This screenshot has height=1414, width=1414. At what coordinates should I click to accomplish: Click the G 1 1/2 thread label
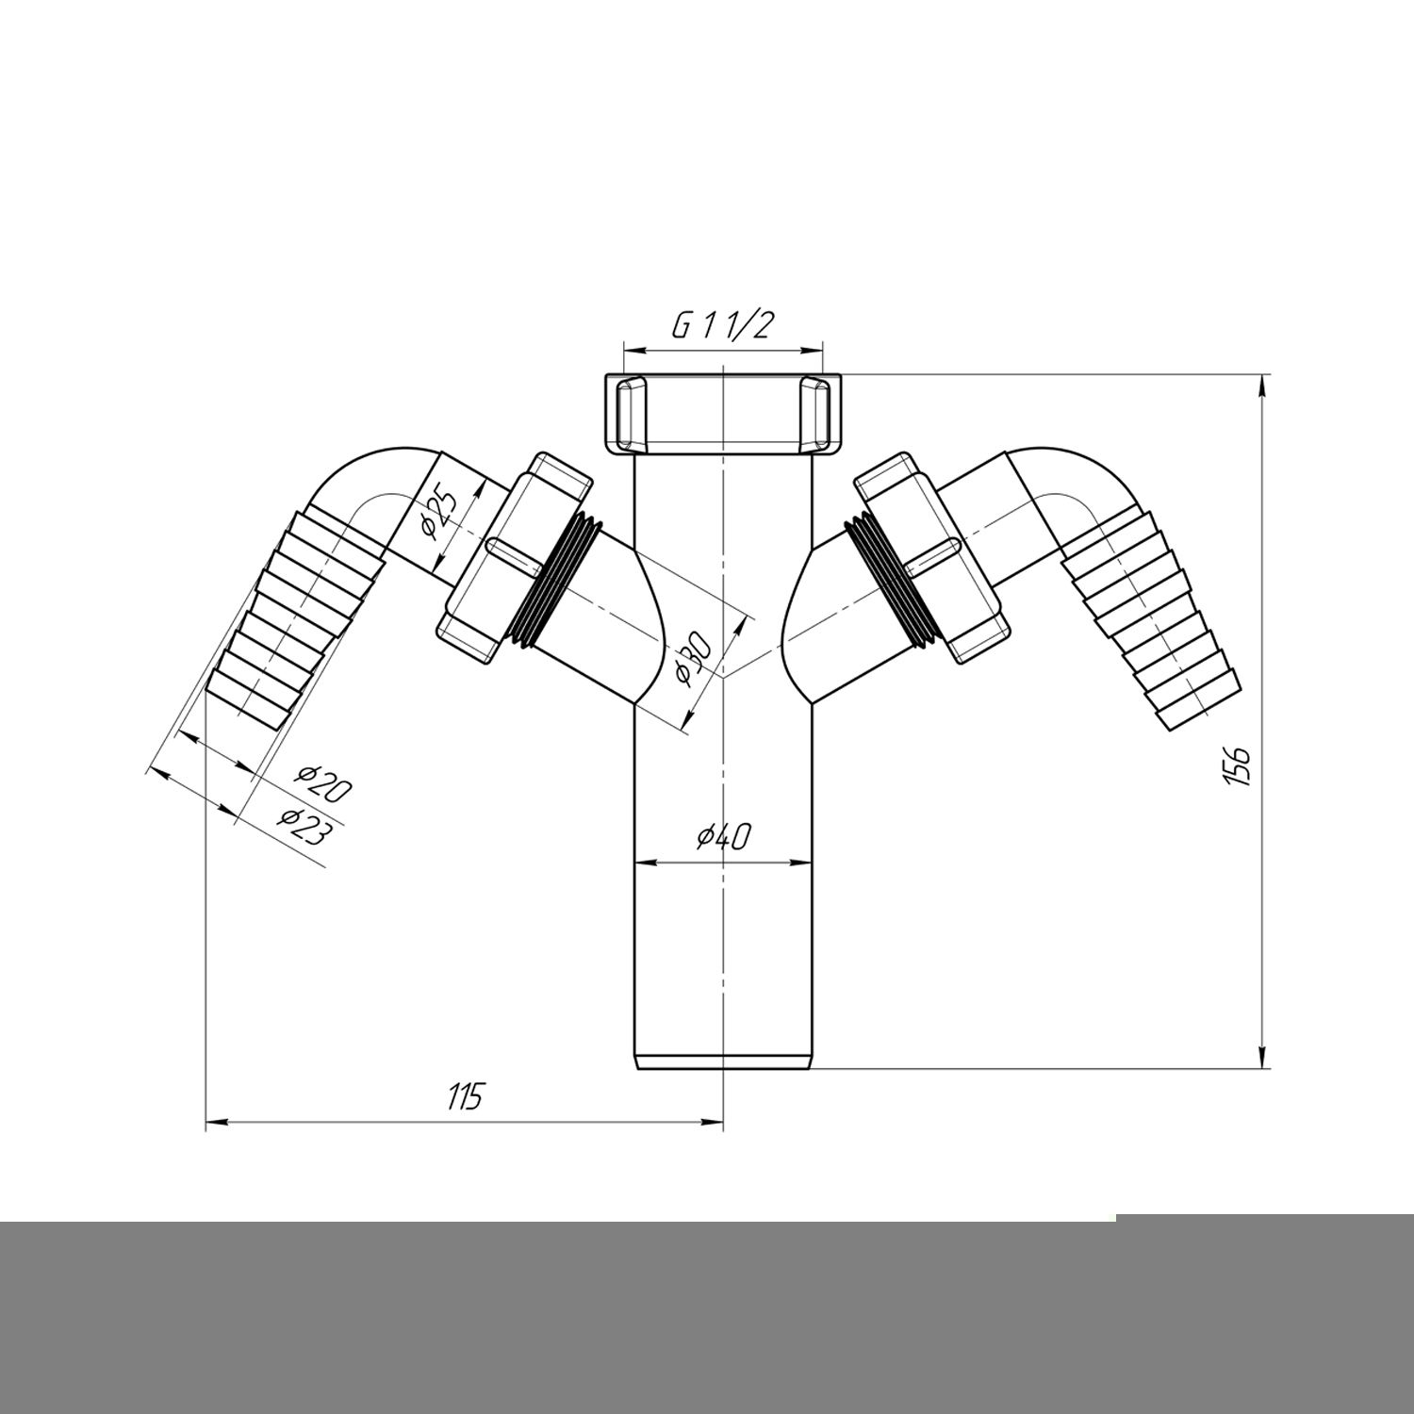722,326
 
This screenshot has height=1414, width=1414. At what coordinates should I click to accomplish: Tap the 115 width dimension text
465,1097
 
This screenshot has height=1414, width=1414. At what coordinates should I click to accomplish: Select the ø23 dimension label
304,826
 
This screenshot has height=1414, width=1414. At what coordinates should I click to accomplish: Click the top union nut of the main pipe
722,413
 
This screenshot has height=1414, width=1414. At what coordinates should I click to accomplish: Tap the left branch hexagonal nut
514,560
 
